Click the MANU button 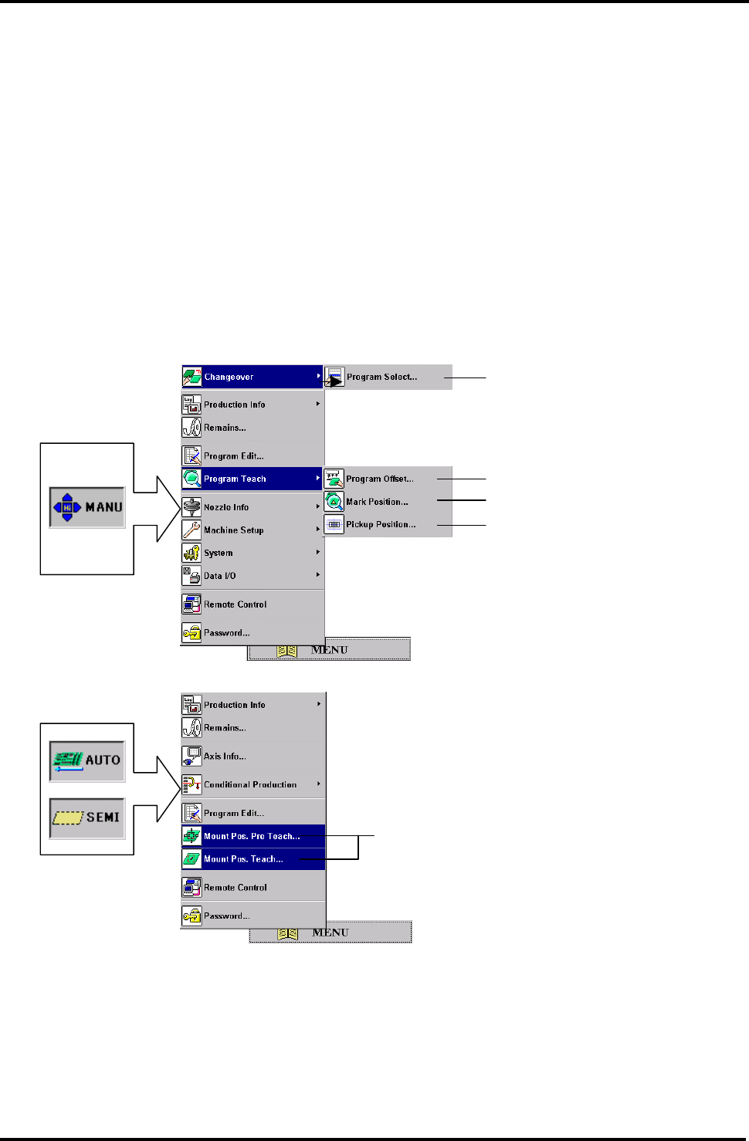[87, 507]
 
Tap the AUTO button [87, 760]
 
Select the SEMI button [87, 818]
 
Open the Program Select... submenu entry [381, 377]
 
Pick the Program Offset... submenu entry [379, 479]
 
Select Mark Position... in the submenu [377, 502]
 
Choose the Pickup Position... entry [381, 524]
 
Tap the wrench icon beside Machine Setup [191, 530]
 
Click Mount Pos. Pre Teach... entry [252, 836]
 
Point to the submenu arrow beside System [317, 553]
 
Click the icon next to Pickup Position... [334, 524]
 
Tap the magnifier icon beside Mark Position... [334, 502]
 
